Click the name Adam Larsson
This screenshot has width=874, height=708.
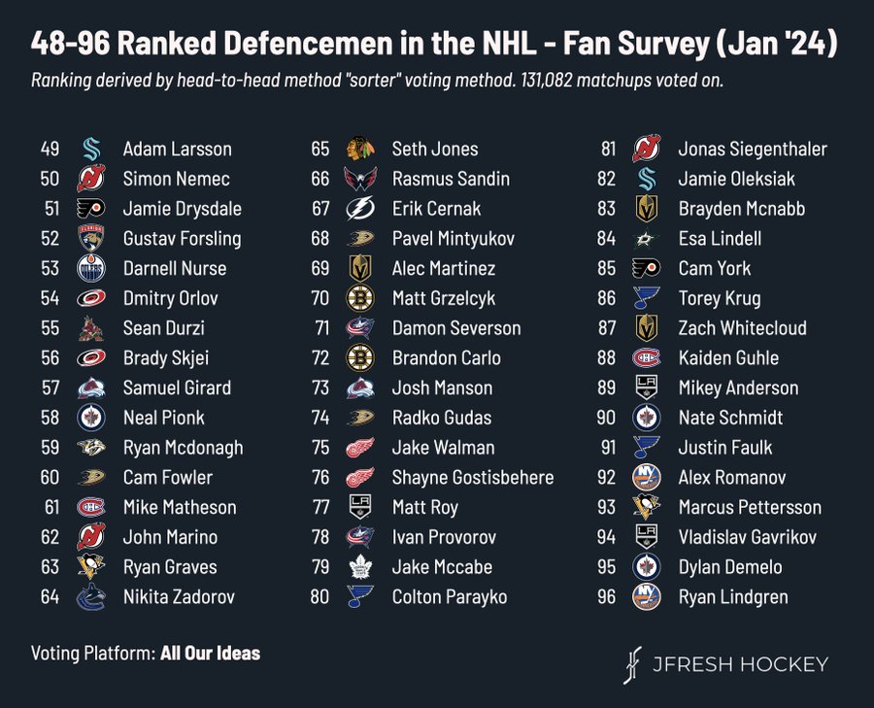[x=178, y=149]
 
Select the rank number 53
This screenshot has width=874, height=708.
[x=50, y=268]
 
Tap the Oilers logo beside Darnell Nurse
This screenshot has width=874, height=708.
[x=91, y=268]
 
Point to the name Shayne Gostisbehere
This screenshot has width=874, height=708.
[x=473, y=477]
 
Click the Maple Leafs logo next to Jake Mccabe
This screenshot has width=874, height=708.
[x=360, y=567]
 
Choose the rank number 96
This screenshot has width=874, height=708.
[x=606, y=597]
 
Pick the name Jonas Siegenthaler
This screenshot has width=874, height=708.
[x=753, y=149]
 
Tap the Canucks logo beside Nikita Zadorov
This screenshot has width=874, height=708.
[x=91, y=597]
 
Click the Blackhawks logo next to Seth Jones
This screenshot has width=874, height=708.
[x=360, y=149]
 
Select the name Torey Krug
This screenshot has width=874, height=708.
[x=719, y=298]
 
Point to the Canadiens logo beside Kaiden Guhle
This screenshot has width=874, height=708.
[x=647, y=358]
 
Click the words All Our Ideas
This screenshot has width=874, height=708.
[x=210, y=653]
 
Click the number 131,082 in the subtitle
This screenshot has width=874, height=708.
[x=546, y=81]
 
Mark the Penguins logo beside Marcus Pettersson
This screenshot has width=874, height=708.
[x=647, y=507]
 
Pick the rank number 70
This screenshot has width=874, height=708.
[x=319, y=298]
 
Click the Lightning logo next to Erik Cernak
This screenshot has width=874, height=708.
[x=360, y=209]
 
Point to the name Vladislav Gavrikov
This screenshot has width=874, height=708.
[x=748, y=537]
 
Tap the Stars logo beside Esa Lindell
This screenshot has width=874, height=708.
[x=647, y=239]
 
